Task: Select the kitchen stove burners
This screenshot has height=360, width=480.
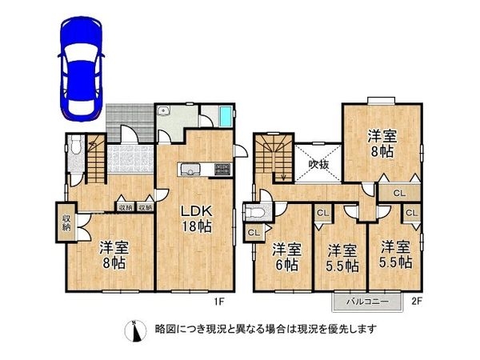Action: coord(222,169)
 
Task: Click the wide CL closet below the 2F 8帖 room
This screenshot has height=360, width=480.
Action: coord(398,192)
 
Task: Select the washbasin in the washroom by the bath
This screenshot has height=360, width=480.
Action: coord(163,112)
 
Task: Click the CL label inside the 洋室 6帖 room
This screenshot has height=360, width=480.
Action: coord(254,232)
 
